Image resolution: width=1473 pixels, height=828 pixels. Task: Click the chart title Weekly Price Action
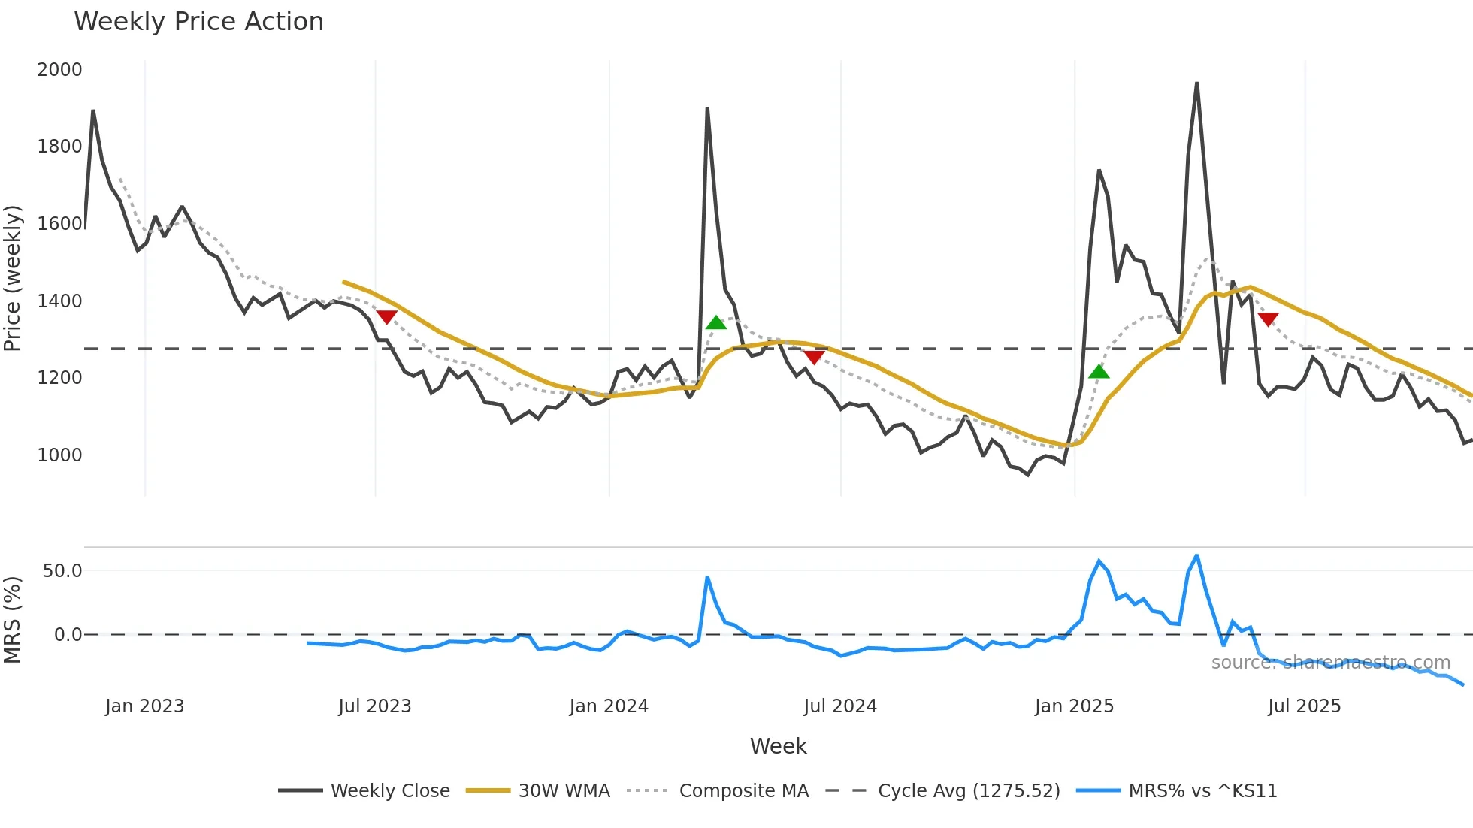coord(198,22)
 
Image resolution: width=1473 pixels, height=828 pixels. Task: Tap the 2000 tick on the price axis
coord(59,70)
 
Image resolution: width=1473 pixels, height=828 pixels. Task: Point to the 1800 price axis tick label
coord(59,147)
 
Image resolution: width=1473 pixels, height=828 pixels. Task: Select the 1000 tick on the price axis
coord(59,455)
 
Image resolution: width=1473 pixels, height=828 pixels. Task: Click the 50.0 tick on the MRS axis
coord(62,571)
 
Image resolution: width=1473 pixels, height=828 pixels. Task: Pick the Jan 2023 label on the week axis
coord(144,706)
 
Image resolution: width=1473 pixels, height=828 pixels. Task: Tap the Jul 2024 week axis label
coord(839,706)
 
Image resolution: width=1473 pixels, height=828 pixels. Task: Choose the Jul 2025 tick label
coord(1304,706)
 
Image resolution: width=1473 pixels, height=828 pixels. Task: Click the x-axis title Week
coord(778,746)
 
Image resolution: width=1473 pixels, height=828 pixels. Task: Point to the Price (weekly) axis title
coord(12,278)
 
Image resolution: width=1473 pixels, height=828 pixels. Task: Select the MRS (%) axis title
coord(12,620)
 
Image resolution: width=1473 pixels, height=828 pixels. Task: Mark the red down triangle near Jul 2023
coord(386,317)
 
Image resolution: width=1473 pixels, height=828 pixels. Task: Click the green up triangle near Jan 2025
coord(1099,372)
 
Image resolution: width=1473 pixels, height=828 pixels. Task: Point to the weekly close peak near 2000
coord(1196,83)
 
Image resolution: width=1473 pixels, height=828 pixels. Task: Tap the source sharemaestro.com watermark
coord(1330,663)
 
